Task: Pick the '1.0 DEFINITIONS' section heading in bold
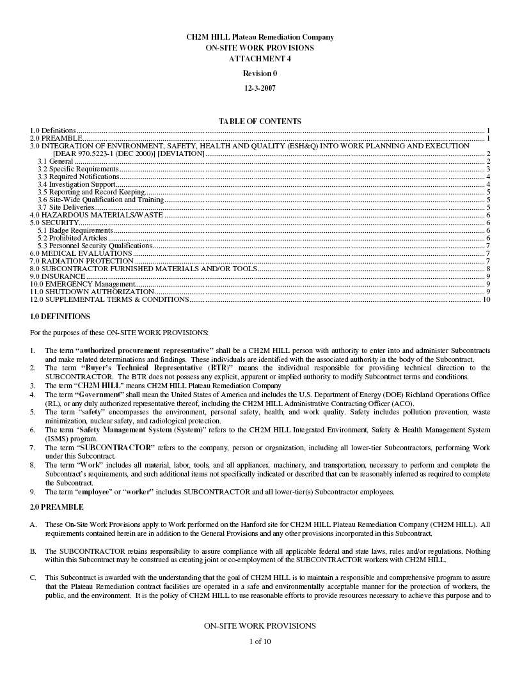tap(60, 317)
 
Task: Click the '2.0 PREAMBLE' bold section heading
tap(56, 507)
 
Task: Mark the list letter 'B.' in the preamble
tap(33, 551)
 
